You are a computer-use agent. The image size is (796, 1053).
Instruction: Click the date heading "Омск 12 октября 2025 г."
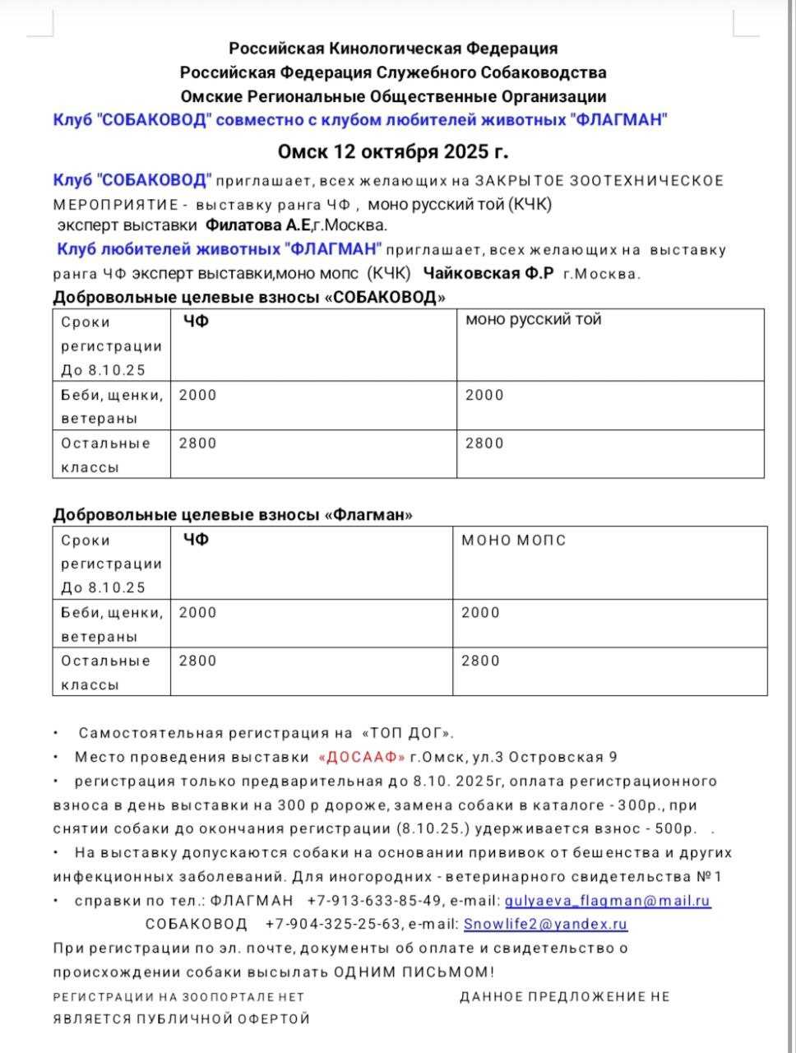coord(392,152)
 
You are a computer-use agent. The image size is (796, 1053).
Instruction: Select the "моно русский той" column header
coord(533,319)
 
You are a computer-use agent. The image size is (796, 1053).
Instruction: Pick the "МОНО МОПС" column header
coord(513,540)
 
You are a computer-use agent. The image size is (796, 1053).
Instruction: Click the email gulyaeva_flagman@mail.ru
coord(607,901)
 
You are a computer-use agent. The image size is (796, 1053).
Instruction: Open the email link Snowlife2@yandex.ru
coord(545,924)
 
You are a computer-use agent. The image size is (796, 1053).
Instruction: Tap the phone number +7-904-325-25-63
coord(333,924)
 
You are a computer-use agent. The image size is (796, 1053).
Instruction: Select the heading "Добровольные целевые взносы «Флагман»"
coord(233,515)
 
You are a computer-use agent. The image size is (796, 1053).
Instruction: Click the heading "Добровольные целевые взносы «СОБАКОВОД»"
coord(249,297)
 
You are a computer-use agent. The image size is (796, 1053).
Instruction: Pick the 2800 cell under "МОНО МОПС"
coord(480,661)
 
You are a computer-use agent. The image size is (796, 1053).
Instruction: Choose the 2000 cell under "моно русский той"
coord(484,395)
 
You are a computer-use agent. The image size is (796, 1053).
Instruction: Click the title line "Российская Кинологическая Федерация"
coord(393,49)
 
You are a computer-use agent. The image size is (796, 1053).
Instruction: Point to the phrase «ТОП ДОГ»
coord(407,733)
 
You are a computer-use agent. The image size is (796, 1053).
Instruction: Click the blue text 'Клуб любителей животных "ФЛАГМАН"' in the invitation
coord(220,249)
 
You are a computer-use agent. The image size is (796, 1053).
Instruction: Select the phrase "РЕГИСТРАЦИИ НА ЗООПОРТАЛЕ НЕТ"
coord(178,996)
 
